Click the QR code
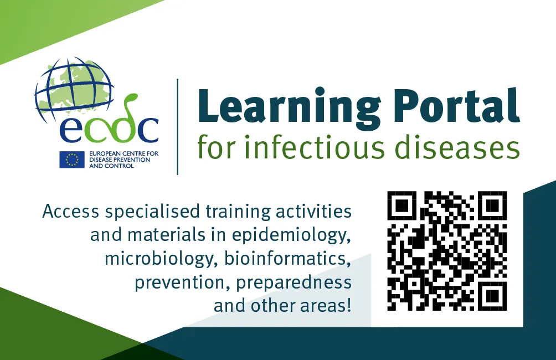pos(447,251)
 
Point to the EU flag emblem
pos(72,160)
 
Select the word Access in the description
pos(70,212)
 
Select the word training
pos(239,212)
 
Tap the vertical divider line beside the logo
pos(178,126)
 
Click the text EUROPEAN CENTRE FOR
pos(112,154)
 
